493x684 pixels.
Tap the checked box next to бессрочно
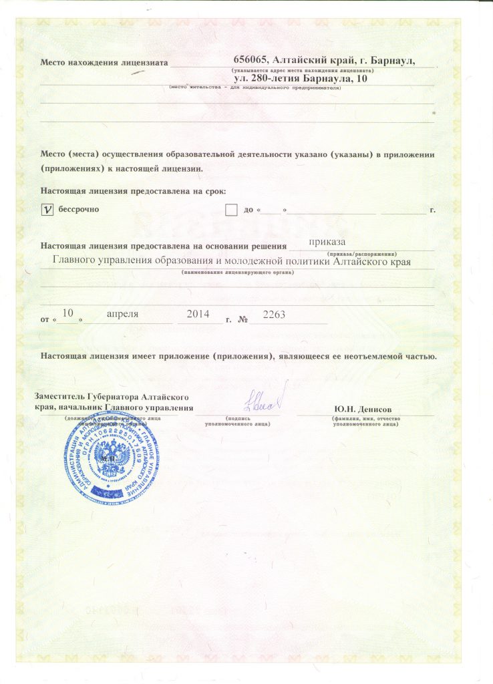click(47, 210)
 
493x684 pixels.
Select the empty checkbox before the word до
click(231, 210)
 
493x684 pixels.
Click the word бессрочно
click(79, 210)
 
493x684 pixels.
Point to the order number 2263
click(275, 313)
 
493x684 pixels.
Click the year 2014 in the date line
click(198, 313)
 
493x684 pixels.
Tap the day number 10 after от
click(67, 313)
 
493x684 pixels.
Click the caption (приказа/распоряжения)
click(363, 254)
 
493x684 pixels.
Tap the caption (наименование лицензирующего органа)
click(237, 272)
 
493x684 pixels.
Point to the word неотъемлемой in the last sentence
click(369, 356)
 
